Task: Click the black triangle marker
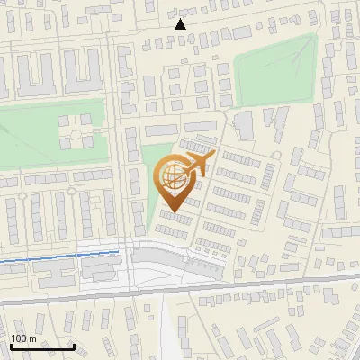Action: (180, 24)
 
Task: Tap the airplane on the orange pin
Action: (196, 164)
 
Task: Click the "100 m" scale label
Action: (23, 338)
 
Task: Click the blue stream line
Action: (45, 261)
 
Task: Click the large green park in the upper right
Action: (274, 67)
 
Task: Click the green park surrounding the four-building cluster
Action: (36, 135)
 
